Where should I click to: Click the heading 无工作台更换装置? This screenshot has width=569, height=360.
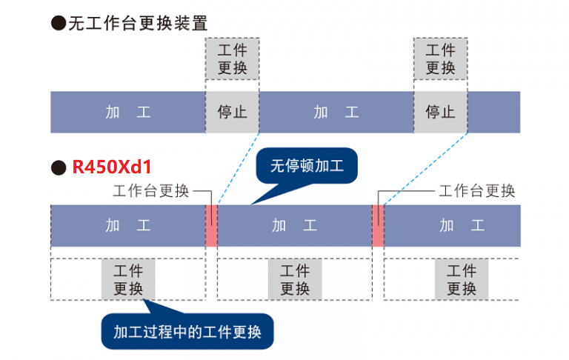138,23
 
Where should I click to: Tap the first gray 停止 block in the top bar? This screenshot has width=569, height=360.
232,113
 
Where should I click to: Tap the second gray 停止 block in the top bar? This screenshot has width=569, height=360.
441,113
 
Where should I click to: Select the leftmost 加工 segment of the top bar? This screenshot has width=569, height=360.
127,113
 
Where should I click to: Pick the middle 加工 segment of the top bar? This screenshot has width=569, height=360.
336,113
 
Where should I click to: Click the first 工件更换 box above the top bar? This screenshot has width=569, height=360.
232,59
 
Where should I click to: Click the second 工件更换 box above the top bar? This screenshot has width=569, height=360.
441,59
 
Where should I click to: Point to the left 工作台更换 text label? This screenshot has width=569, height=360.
150,191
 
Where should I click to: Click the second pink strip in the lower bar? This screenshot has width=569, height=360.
378,225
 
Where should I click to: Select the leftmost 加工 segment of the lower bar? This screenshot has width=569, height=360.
127,225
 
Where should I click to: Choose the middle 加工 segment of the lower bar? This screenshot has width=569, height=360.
294,225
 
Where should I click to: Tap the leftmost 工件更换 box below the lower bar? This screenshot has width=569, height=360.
128,279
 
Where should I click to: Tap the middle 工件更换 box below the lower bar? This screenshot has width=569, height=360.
295,279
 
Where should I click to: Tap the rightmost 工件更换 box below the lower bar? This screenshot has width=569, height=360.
461,279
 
